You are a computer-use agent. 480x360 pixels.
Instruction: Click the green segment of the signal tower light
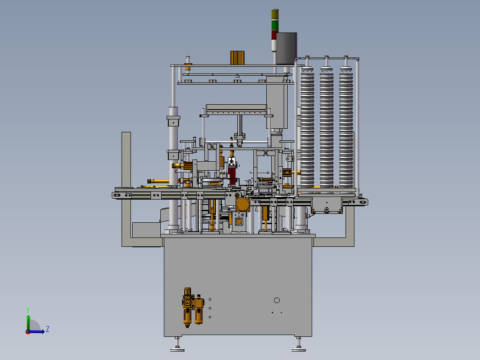[x=275, y=25]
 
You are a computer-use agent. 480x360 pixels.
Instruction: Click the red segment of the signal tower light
[x=274, y=35]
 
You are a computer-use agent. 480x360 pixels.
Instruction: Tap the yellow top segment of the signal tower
[x=275, y=14]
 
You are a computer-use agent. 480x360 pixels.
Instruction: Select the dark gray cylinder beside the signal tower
[x=287, y=48]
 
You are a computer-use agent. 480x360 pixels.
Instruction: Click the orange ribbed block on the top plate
[x=237, y=58]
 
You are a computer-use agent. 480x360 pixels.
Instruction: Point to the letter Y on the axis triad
[x=28, y=310]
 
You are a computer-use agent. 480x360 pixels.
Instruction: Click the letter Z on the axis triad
[x=48, y=329]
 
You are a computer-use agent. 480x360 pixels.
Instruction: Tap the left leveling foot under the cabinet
[x=177, y=344]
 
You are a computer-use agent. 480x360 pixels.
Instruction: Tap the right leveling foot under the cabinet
[x=299, y=344]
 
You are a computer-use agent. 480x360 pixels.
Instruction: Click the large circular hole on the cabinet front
[x=277, y=300]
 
